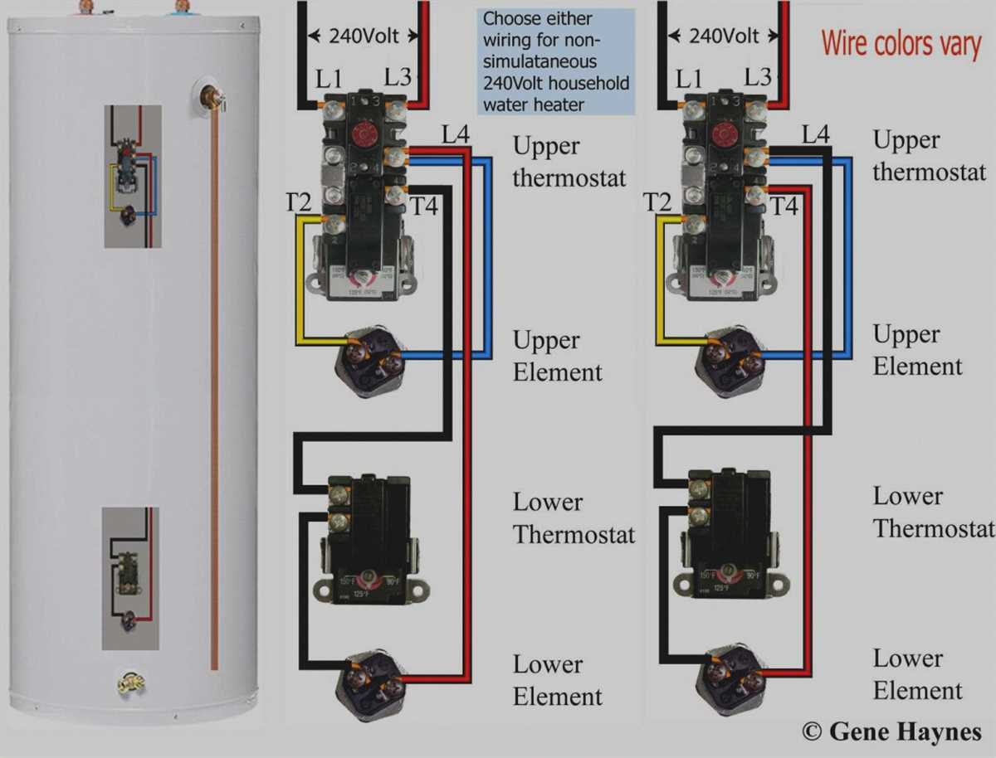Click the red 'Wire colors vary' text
[x=901, y=42]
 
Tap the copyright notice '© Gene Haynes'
[x=891, y=731]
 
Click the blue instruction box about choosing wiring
[x=555, y=61]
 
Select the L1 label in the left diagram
[x=330, y=80]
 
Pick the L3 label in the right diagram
[x=757, y=78]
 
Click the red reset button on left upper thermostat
[x=362, y=135]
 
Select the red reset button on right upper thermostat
[x=721, y=135]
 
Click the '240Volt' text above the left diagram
[x=364, y=36]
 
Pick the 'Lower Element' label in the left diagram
[x=557, y=680]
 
